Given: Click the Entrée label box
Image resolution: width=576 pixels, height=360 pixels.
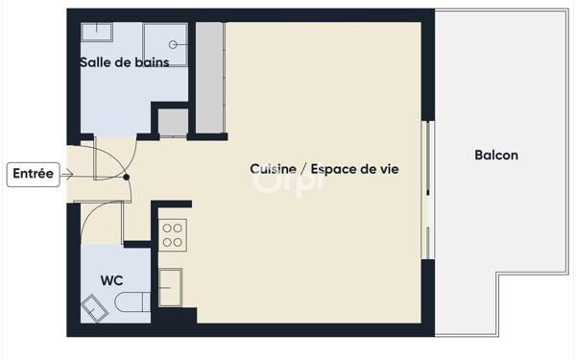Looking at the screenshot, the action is click(33, 175).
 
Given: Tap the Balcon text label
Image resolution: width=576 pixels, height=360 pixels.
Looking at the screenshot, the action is click(496, 155).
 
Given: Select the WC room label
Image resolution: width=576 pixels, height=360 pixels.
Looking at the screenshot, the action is click(111, 280).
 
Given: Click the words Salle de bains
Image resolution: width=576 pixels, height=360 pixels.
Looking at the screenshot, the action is click(125, 62).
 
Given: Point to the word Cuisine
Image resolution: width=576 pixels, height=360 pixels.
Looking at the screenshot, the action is click(273, 169).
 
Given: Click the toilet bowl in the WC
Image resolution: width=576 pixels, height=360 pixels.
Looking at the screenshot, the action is click(132, 302).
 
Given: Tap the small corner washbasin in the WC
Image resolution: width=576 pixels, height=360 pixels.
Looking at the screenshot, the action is click(94, 308).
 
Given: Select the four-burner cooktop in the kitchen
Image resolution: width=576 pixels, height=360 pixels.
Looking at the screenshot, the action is click(173, 235).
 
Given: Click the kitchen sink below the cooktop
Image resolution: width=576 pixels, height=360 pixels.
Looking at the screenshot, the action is click(171, 288).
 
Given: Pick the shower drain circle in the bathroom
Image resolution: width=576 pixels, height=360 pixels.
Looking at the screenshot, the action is click(173, 45).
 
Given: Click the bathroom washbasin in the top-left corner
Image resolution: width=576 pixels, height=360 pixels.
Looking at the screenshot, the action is click(97, 33).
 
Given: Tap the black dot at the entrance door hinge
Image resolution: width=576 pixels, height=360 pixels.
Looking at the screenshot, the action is click(127, 177).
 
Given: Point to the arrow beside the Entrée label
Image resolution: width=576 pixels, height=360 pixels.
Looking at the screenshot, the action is click(67, 175).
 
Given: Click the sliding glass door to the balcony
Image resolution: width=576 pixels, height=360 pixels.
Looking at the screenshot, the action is click(428, 190).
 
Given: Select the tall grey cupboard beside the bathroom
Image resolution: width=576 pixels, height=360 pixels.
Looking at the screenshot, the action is click(210, 78).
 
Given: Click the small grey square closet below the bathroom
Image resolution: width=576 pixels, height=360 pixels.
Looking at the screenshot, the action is click(173, 123).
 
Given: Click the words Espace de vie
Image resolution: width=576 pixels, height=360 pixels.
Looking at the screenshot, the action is click(355, 169).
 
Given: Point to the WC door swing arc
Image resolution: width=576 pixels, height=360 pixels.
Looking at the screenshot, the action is click(92, 212).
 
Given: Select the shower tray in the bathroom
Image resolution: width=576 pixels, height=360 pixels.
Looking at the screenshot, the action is click(165, 45).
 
